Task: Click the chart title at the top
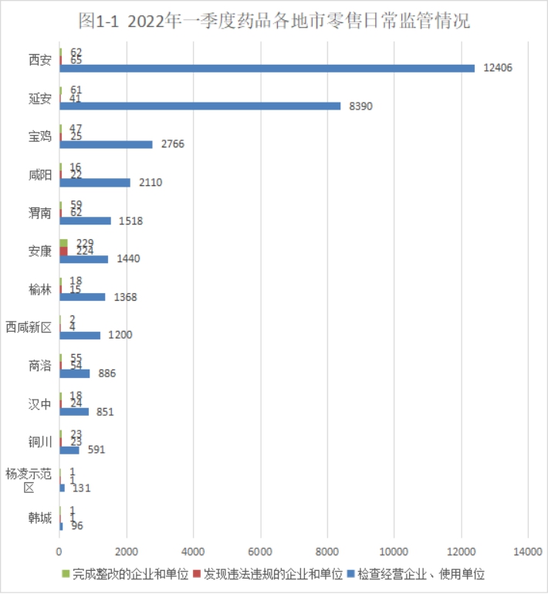(x=274, y=22)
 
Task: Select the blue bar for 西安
(x=266, y=68)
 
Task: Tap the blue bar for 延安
(x=199, y=106)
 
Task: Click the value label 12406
(x=498, y=68)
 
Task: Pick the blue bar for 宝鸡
(x=106, y=144)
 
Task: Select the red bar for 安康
(x=63, y=251)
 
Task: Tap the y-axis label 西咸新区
(x=29, y=328)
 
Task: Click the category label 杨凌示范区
(x=29, y=481)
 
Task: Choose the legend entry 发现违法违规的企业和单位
(x=267, y=575)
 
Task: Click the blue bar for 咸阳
(x=95, y=182)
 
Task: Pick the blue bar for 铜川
(x=69, y=450)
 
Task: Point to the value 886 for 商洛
(x=103, y=373)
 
